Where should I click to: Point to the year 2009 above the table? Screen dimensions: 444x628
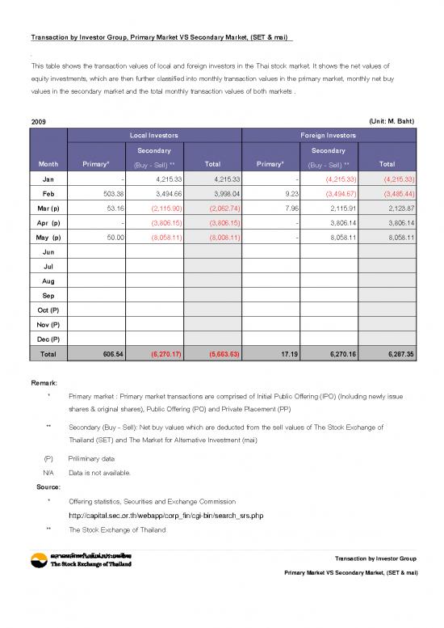(38, 120)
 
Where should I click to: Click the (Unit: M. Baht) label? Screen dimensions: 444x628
(393, 120)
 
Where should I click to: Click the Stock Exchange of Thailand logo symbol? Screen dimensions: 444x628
(37, 561)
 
